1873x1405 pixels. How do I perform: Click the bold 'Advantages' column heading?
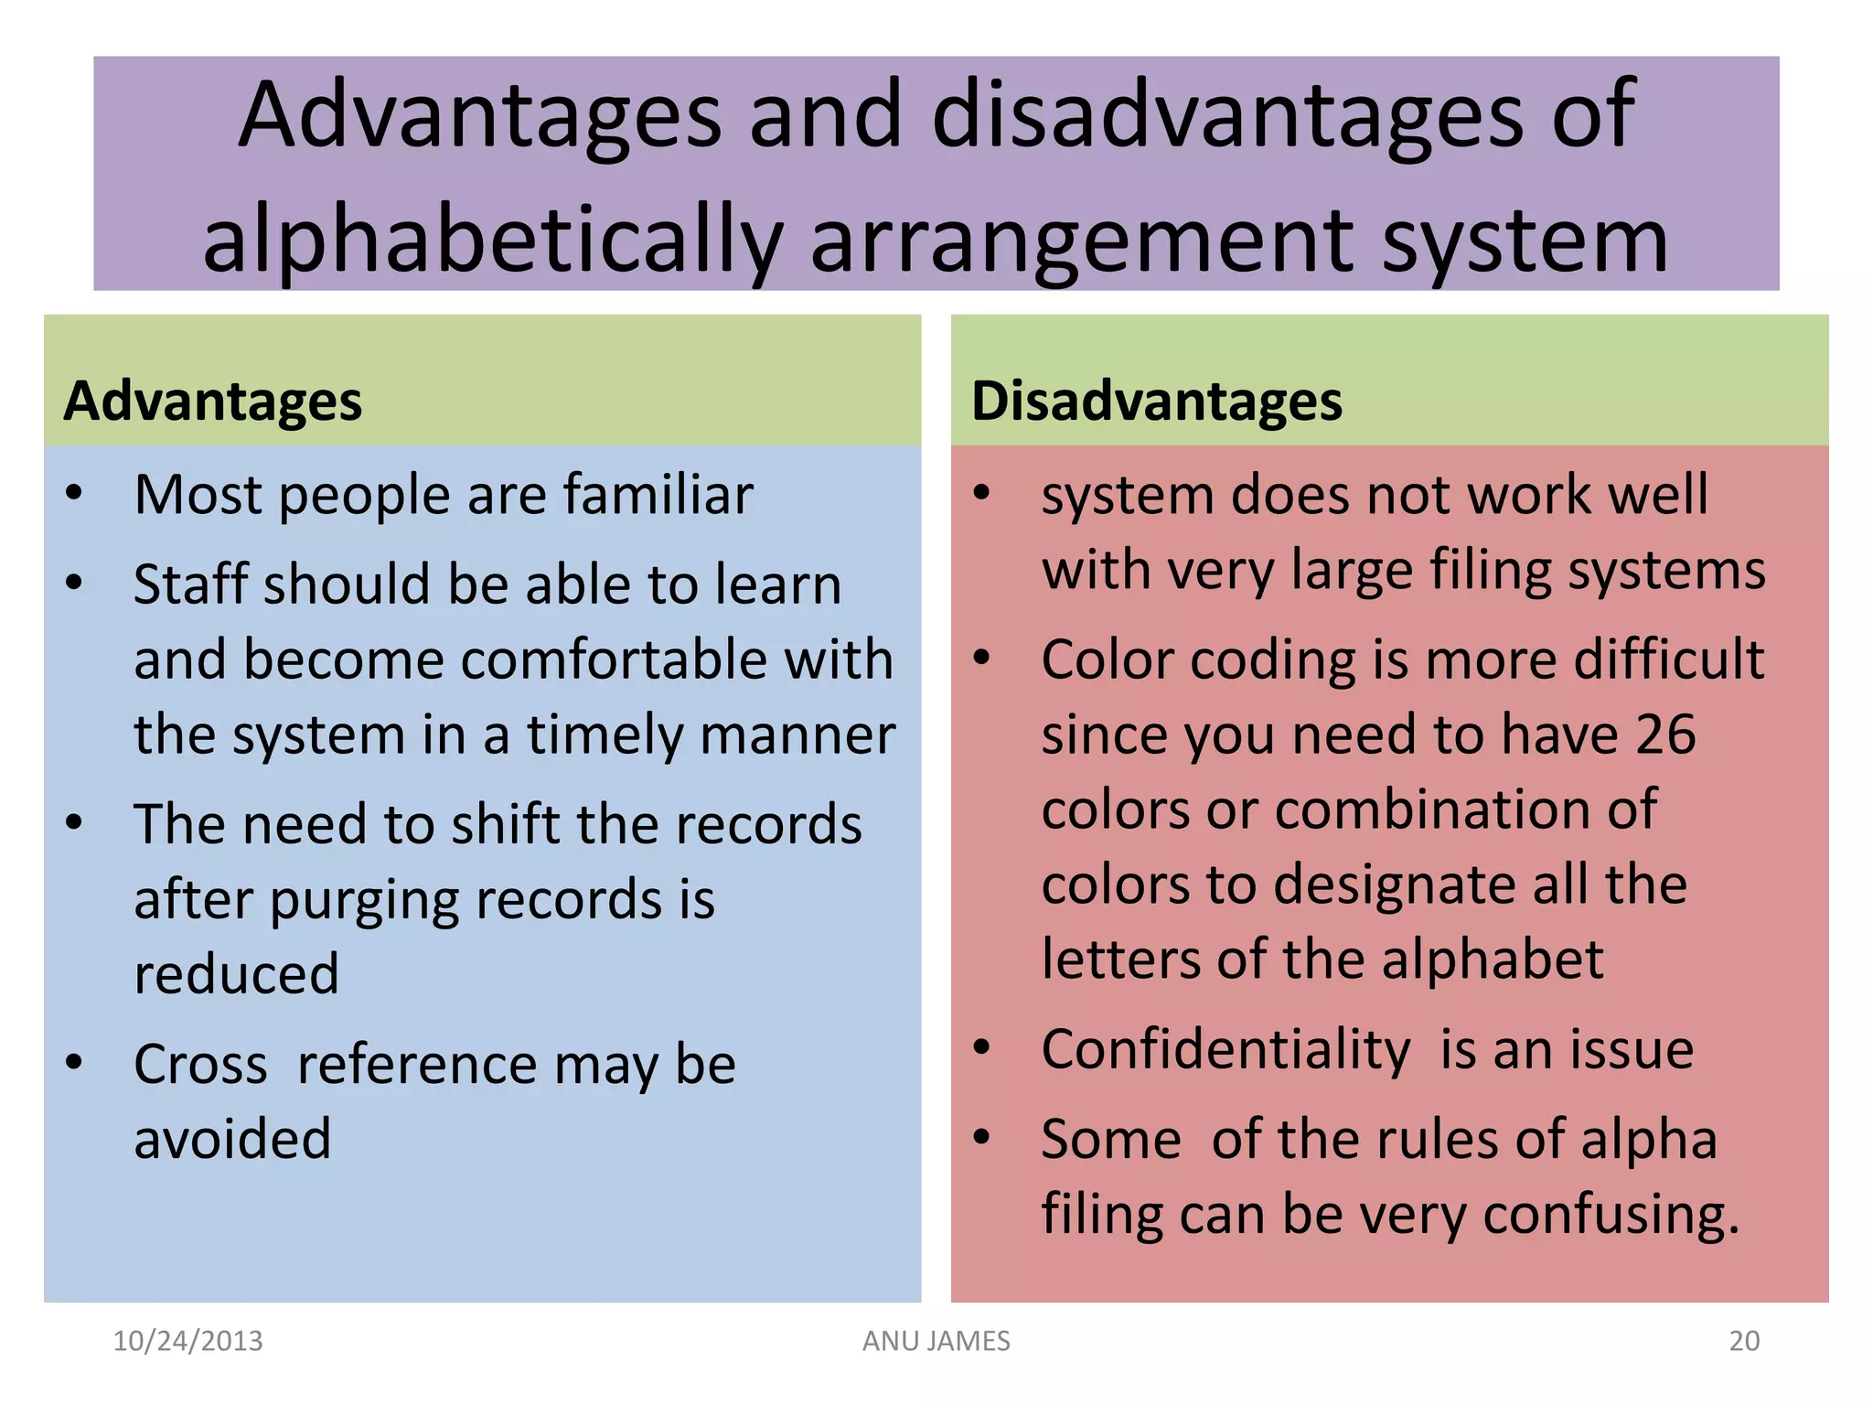[212, 402]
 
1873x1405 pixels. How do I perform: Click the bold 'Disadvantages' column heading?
[1156, 402]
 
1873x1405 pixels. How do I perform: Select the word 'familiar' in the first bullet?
[658, 495]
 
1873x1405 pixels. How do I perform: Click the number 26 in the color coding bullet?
[1665, 735]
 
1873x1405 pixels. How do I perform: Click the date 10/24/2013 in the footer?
[187, 1341]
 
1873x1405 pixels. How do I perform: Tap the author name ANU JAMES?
[936, 1341]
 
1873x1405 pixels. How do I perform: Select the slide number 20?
[1744, 1341]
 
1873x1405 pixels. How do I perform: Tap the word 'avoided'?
[232, 1140]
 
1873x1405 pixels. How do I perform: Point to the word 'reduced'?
[236, 974]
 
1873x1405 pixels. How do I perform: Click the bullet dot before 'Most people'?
[74, 494]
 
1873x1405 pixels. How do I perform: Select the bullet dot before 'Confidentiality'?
[981, 1048]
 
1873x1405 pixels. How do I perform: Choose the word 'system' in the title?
[1525, 241]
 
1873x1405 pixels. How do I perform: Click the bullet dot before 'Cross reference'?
[74, 1063]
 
